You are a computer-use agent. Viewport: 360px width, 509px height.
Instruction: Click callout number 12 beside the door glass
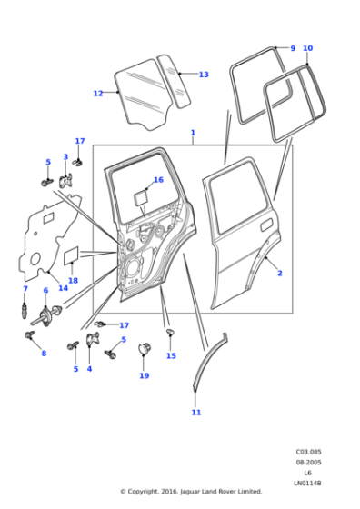tap(98, 94)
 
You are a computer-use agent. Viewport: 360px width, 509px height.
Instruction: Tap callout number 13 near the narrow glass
tap(204, 75)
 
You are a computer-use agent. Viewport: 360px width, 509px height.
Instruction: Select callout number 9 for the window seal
tap(293, 48)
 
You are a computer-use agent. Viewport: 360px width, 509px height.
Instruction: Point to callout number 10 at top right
tap(308, 48)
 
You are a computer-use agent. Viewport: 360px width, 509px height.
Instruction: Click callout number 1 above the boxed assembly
tap(193, 133)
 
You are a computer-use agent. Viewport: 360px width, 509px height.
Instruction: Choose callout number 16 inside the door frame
tap(158, 180)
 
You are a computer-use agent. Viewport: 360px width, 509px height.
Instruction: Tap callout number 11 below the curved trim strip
tap(196, 413)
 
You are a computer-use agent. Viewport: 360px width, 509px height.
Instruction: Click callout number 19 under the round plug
tap(145, 375)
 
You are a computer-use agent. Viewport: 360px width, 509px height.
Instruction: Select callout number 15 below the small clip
tap(171, 355)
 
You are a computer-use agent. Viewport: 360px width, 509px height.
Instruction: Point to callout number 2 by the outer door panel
tap(280, 274)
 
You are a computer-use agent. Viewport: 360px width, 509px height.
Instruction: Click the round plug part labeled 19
tap(145, 348)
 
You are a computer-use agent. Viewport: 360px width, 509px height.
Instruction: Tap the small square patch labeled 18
tap(71, 254)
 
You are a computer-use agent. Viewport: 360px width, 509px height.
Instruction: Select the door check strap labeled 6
tap(46, 316)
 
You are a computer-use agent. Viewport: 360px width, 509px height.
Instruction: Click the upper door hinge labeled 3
tap(65, 181)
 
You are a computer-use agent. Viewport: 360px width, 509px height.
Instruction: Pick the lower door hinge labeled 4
tap(93, 340)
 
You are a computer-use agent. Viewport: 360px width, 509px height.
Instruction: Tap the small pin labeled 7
tap(25, 311)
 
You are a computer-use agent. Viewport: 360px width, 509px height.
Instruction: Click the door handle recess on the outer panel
tap(266, 225)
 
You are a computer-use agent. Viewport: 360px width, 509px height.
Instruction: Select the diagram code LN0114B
tap(307, 483)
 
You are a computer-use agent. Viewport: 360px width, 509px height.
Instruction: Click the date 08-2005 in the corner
tap(308, 463)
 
